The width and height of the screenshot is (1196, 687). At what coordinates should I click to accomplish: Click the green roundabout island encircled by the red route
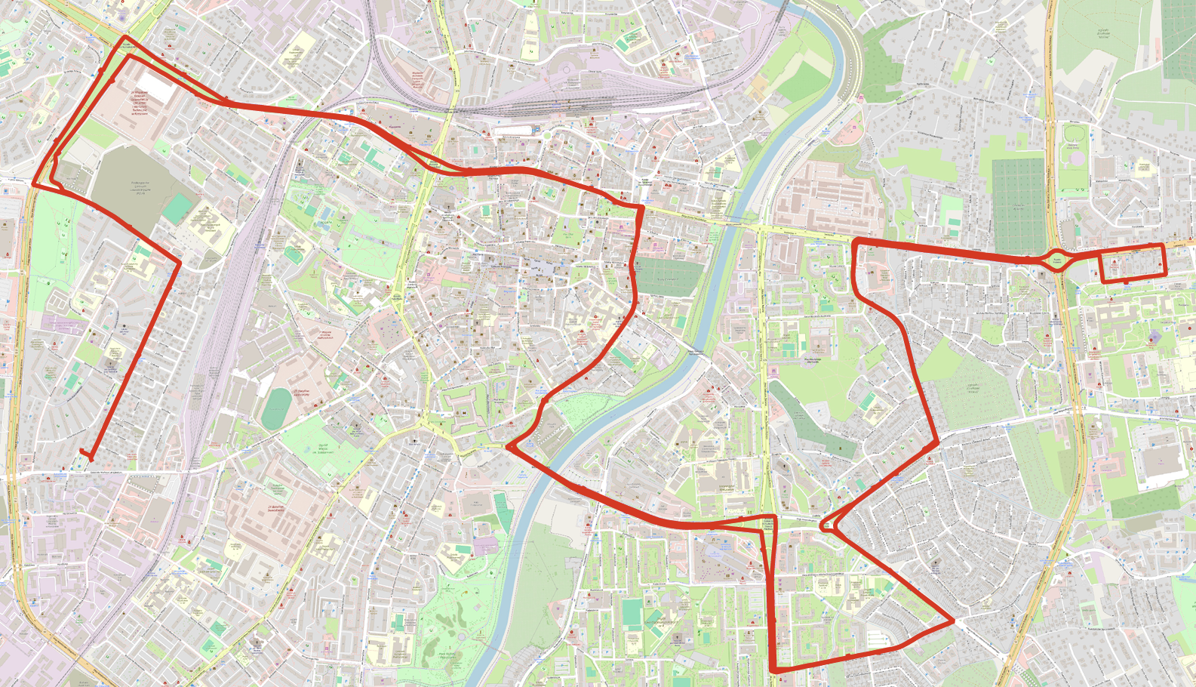coord(1057,260)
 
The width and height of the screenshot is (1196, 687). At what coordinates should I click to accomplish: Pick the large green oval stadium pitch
coord(276,408)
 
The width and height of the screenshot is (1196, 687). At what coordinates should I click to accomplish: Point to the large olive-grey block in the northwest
coord(128,185)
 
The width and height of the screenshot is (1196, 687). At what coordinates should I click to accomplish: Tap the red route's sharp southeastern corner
coord(953,621)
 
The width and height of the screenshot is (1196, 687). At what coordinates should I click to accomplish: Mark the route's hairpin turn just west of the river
coord(510,447)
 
